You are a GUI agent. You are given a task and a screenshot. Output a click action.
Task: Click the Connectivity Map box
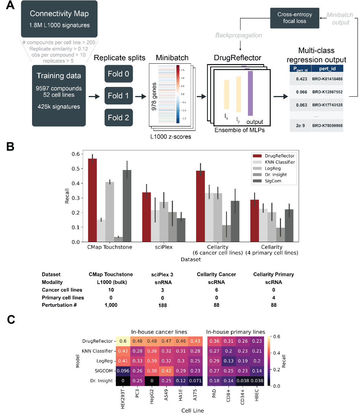pyautogui.click(x=59, y=19)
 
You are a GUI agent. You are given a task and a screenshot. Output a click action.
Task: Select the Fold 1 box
pyautogui.click(x=119, y=96)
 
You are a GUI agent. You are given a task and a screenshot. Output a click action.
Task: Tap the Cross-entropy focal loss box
pyautogui.click(x=295, y=18)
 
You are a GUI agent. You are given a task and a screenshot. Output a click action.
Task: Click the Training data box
pyautogui.click(x=59, y=95)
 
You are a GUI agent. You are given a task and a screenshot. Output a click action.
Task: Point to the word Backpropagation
pyautogui.click(x=239, y=35)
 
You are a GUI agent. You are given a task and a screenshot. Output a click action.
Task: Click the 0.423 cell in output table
pyautogui.click(x=301, y=79)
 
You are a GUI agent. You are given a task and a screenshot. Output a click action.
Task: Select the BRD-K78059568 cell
pyautogui.click(x=327, y=126)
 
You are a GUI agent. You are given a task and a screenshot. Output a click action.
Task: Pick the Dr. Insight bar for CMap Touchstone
pyautogui.click(x=119, y=239)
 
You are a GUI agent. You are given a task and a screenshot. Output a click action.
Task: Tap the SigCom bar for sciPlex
pyautogui.click(x=181, y=230)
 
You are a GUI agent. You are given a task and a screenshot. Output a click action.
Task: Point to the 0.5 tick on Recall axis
pyautogui.click(x=75, y=169)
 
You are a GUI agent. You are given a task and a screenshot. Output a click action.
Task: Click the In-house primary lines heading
pyautogui.click(x=236, y=332)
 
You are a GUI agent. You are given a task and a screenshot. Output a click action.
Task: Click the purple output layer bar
pyautogui.click(x=250, y=93)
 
